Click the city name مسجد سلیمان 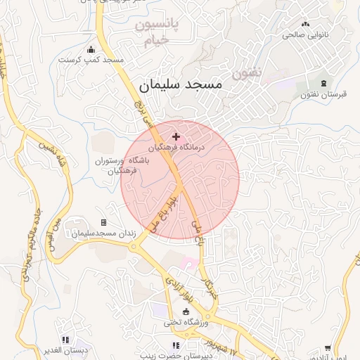(180, 86)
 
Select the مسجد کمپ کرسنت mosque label (103, 60)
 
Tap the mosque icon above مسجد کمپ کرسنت (91, 49)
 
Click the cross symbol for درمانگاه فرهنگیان (175, 136)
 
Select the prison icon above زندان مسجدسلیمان (103, 222)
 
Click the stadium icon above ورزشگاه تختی (186, 312)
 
